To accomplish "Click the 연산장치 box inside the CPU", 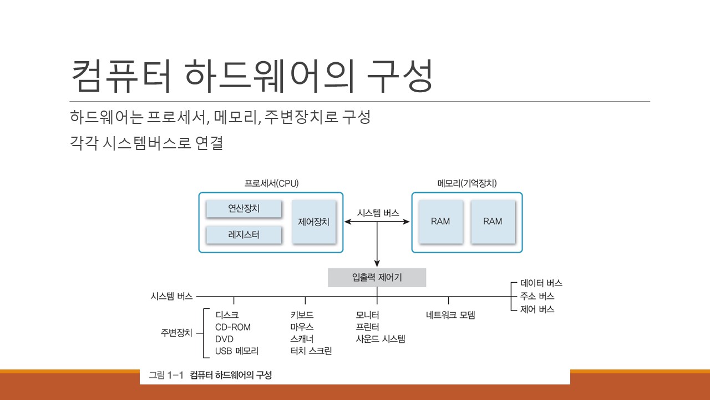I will pos(244,209).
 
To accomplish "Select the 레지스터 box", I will pos(244,235).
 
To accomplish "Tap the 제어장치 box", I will pos(314,222).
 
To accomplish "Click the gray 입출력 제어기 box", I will pos(377,278).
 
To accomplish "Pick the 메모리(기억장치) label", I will pos(466,183).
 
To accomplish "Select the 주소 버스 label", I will pos(537,297).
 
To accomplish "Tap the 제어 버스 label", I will pos(537,309).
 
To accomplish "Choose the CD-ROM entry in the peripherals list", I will pos(232,327).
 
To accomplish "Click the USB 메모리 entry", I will pos(237,351).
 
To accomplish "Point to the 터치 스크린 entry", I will pos(311,351).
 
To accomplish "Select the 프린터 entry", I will pos(367,327).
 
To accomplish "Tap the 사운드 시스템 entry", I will pos(381,339).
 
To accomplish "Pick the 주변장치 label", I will pos(176,333).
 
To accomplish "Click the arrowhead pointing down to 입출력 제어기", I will pos(377,263).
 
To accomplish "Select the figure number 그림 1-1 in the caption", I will pos(166,376).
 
